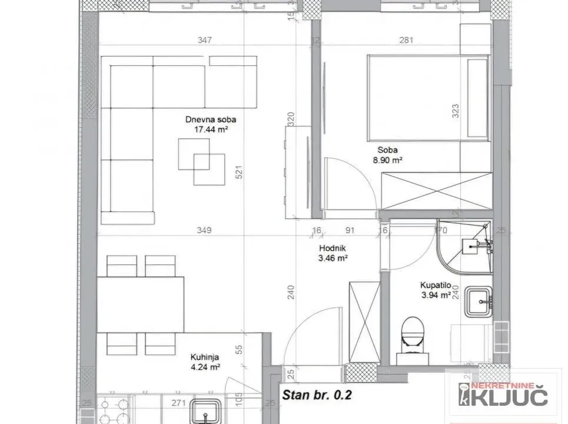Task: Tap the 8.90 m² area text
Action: pos(386,160)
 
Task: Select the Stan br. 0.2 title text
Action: pos(317,395)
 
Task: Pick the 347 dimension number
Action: pos(205,41)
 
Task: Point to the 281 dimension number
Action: pos(407,41)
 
